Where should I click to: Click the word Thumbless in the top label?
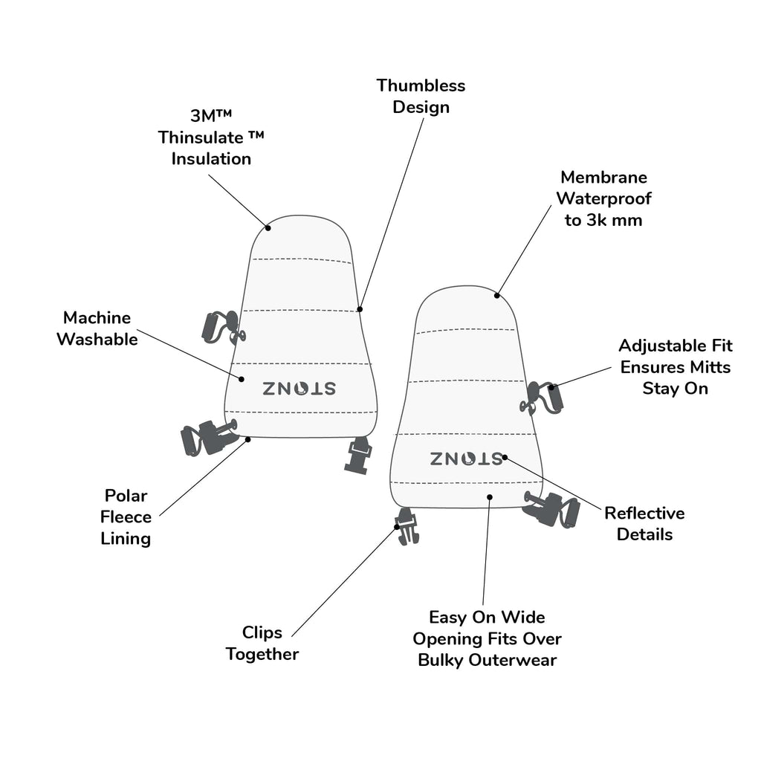pyautogui.click(x=421, y=85)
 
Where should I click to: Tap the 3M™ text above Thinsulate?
pyautogui.click(x=211, y=115)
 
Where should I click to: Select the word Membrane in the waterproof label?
pyautogui.click(x=603, y=177)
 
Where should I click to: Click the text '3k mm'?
pyautogui.click(x=615, y=220)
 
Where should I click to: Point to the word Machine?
pyautogui.click(x=97, y=317)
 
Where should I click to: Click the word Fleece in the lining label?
pyautogui.click(x=126, y=517)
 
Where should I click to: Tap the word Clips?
pyautogui.click(x=262, y=633)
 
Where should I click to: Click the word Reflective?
pyautogui.click(x=644, y=513)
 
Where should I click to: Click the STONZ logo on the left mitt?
pyautogui.click(x=299, y=388)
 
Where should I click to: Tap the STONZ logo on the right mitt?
pyautogui.click(x=467, y=459)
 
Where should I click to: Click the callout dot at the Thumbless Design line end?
pyautogui.click(x=360, y=309)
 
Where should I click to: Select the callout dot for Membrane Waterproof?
pyautogui.click(x=497, y=296)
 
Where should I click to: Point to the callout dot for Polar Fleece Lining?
pyautogui.click(x=247, y=439)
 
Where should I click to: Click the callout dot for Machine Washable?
pyautogui.click(x=242, y=379)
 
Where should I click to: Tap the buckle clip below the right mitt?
pyautogui.click(x=407, y=527)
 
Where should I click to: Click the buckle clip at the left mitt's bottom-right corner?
pyautogui.click(x=357, y=455)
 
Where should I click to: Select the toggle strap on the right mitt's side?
pyautogui.click(x=542, y=398)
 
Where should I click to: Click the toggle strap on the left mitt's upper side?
pyautogui.click(x=223, y=328)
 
